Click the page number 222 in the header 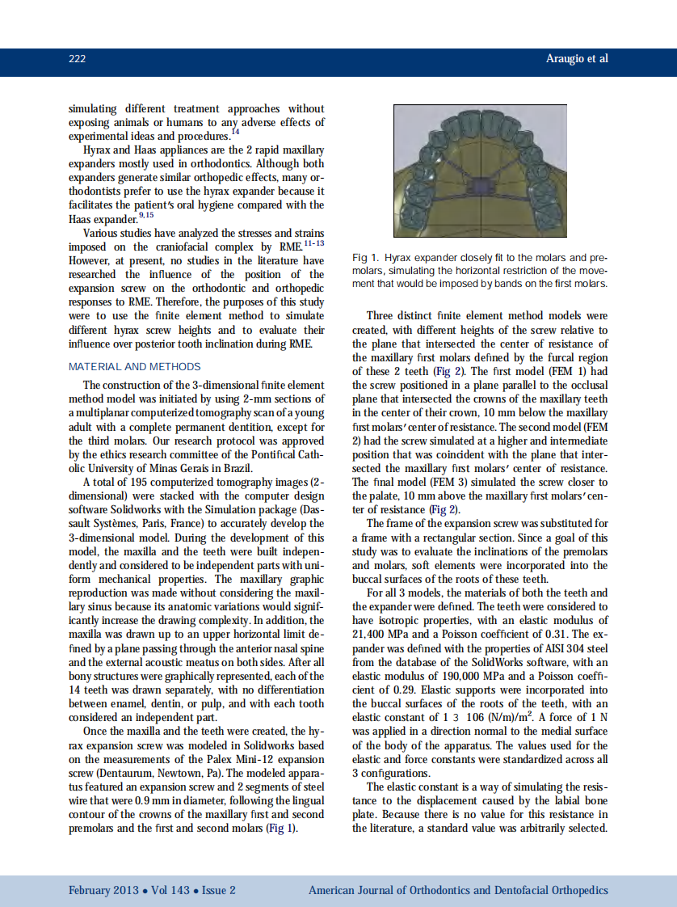point(78,59)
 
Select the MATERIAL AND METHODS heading point(134,367)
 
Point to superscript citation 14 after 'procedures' point(235,131)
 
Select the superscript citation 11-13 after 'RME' point(313,242)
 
